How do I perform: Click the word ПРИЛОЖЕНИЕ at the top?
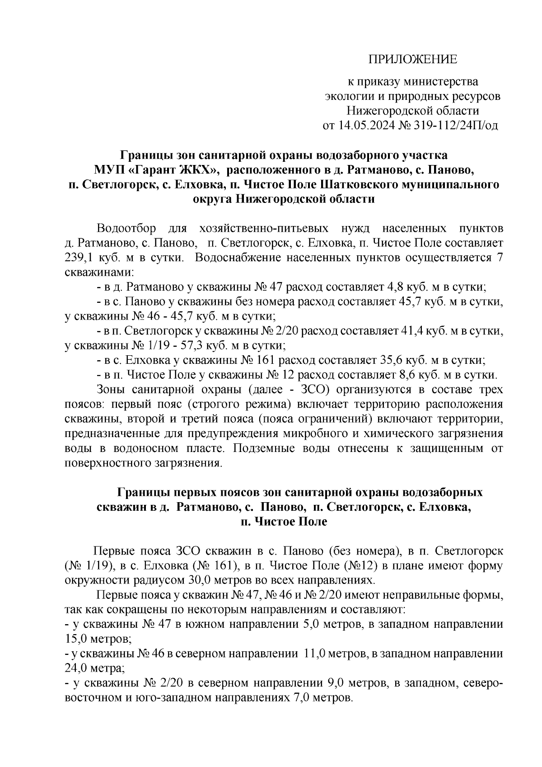(x=413, y=59)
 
